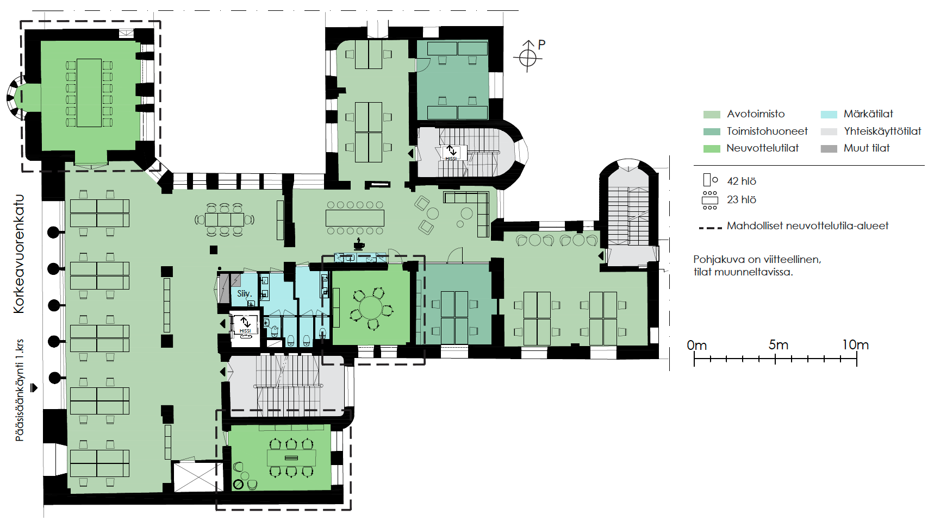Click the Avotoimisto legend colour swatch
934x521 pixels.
pyautogui.click(x=712, y=115)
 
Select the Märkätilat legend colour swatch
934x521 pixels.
pyautogui.click(x=829, y=115)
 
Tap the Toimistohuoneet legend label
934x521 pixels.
pyautogui.click(x=767, y=131)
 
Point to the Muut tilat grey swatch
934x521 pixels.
pyautogui.click(x=829, y=149)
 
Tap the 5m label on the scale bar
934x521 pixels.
pyautogui.click(x=778, y=345)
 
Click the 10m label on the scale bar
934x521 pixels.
pyautogui.click(x=855, y=345)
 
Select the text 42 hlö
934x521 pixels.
pyautogui.click(x=742, y=181)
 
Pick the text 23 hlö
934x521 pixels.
pyautogui.click(x=742, y=200)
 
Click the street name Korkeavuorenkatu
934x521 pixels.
pyautogui.click(x=19, y=254)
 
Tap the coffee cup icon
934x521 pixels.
pyautogui.click(x=359, y=244)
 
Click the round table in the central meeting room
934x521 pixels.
pyautogui.click(x=371, y=309)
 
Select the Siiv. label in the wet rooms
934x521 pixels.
pyautogui.click(x=244, y=293)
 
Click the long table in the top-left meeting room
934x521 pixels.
pyautogui.click(x=89, y=93)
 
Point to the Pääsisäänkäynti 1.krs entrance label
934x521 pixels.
pyautogui.click(x=20, y=390)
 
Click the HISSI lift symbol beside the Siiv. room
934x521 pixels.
pyautogui.click(x=245, y=326)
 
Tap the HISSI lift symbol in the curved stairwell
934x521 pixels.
pyautogui.click(x=451, y=153)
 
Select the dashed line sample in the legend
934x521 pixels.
pyautogui.click(x=710, y=228)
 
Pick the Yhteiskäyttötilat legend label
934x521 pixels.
pyautogui.click(x=882, y=131)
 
